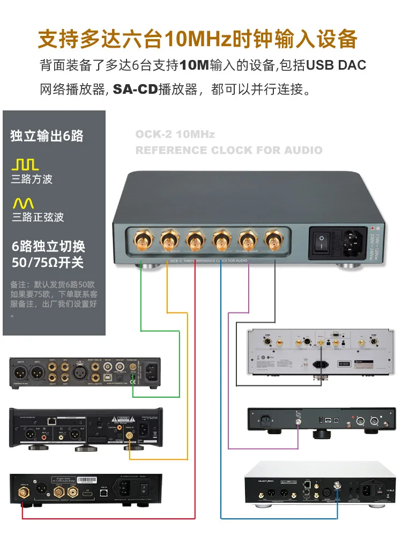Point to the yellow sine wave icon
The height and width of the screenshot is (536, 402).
[x=23, y=203]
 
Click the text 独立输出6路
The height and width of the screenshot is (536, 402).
[x=47, y=136]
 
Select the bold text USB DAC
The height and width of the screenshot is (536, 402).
[x=337, y=65]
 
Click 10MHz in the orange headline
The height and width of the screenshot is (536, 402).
[x=199, y=39]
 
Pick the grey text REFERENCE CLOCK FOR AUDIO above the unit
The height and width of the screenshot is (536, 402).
[x=229, y=150]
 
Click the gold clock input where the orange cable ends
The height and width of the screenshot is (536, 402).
[x=130, y=437]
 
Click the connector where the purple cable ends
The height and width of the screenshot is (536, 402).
[x=296, y=421]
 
